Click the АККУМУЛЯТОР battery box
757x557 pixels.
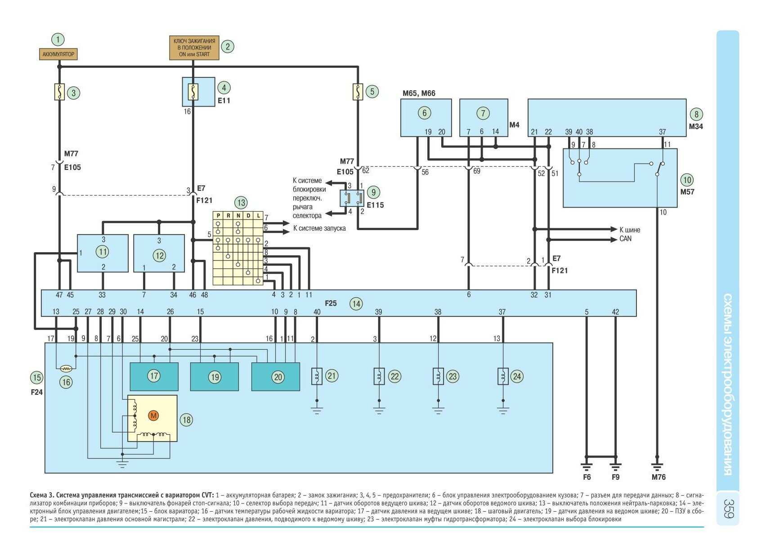click(58, 54)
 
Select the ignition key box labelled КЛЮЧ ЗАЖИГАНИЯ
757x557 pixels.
click(194, 48)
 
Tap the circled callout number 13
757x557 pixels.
click(241, 202)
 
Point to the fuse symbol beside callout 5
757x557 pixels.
click(358, 92)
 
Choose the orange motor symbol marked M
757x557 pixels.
click(153, 415)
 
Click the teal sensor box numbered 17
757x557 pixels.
click(154, 376)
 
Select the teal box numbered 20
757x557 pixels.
click(275, 377)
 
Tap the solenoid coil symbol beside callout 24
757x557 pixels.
click(503, 376)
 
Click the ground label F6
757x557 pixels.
click(587, 477)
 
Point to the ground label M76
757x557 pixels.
click(658, 477)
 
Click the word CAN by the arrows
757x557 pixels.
click(625, 239)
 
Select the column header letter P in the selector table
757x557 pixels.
click(218, 216)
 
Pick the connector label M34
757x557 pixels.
click(695, 126)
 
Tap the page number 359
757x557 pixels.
click(729, 508)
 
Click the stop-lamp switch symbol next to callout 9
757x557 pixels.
click(352, 198)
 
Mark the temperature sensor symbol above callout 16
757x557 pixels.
click(66, 368)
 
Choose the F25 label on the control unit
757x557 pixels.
click(331, 303)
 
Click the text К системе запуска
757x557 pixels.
click(319, 228)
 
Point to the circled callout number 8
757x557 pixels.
click(696, 114)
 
